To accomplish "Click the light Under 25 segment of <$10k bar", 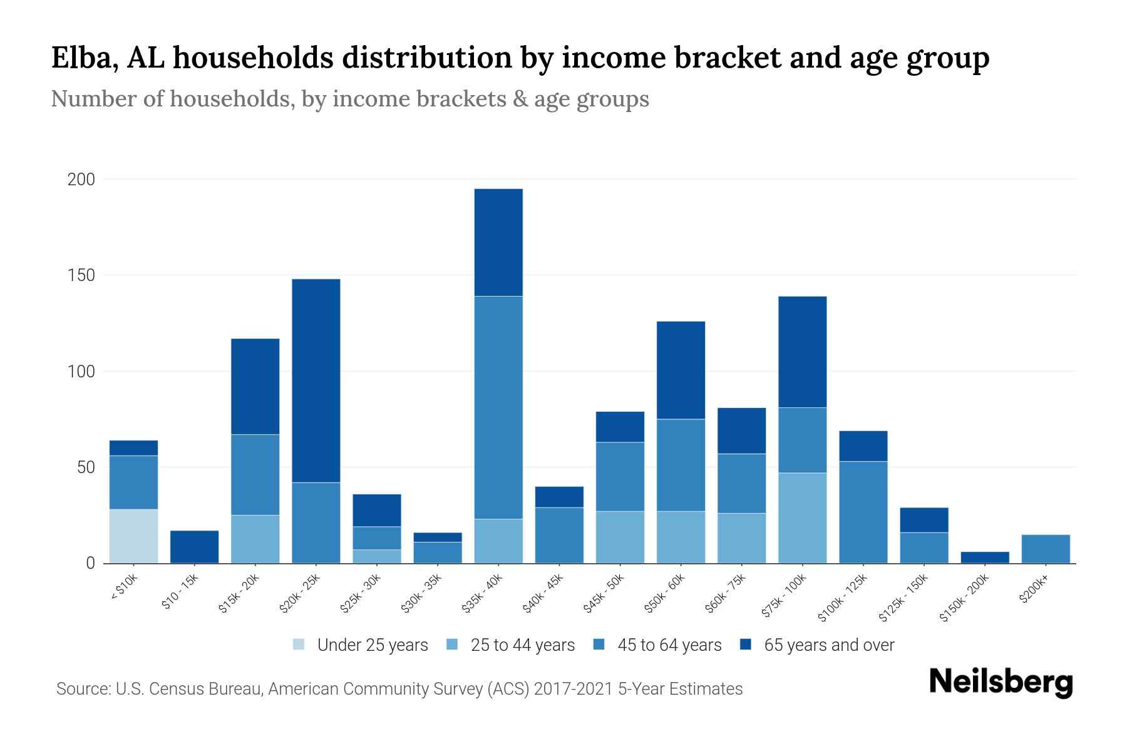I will [x=133, y=536].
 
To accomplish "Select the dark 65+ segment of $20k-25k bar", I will [x=316, y=381].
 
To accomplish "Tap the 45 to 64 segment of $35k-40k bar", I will [x=498, y=407].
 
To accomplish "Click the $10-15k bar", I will [x=194, y=546].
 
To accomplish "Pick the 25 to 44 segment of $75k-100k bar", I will [x=802, y=518].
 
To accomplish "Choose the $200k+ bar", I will [x=1045, y=549].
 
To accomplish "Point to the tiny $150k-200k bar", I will [x=984, y=557].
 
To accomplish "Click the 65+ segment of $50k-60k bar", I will [x=681, y=370].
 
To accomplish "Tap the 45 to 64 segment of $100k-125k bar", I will [x=863, y=512].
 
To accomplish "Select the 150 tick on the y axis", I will [x=81, y=275].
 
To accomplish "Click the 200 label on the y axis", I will [x=81, y=180].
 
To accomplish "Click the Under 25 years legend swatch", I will [x=299, y=645].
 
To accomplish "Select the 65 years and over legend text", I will [x=829, y=645].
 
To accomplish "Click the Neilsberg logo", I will [x=1001, y=682].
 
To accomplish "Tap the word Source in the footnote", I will [x=82, y=689].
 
